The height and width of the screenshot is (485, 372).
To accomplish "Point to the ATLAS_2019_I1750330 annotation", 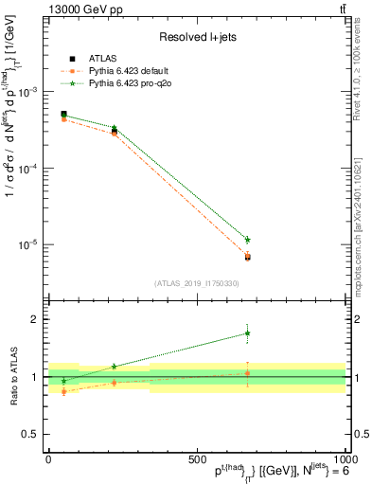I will click(197, 282).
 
